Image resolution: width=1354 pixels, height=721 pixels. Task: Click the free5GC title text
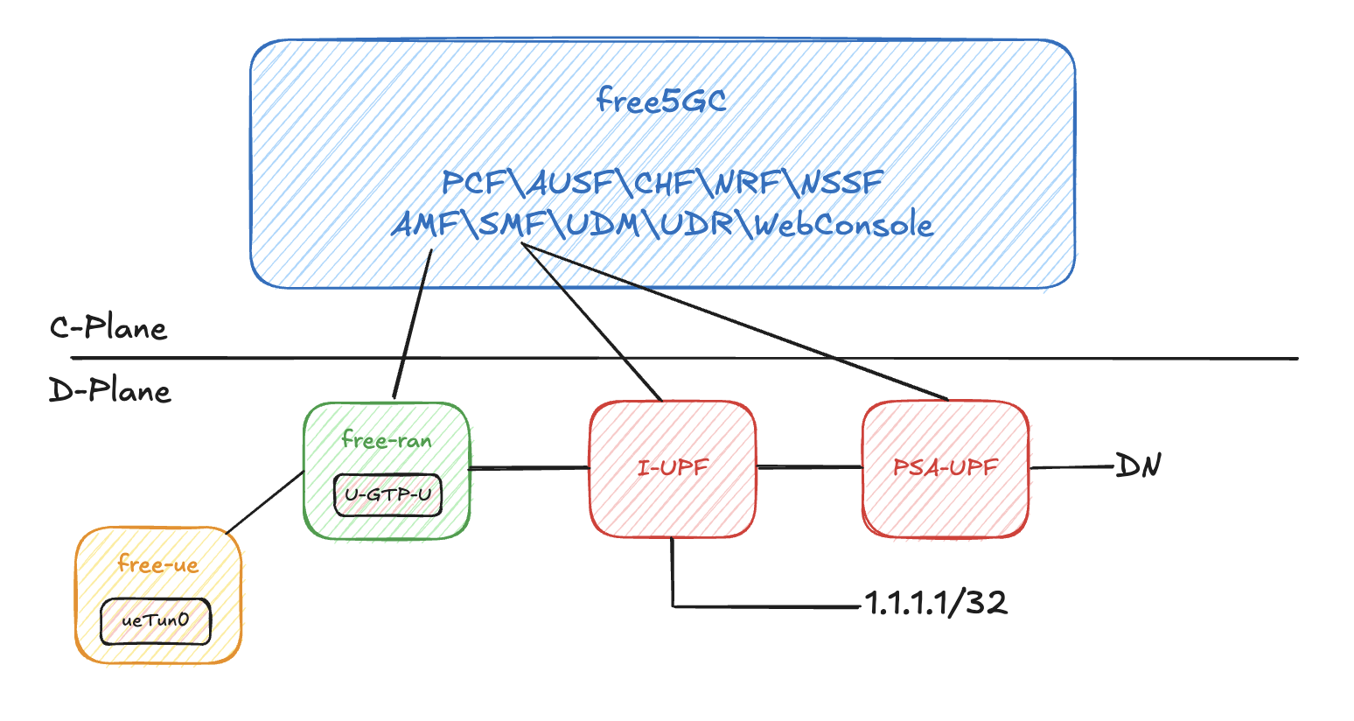pos(661,101)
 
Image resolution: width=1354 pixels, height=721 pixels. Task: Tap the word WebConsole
pos(844,225)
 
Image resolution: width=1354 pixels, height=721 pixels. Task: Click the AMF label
pos(425,225)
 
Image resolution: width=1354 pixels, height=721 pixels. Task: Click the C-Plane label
pos(108,328)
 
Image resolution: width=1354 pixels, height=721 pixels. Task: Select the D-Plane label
pos(110,390)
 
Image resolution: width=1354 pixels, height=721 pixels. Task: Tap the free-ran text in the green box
pos(387,439)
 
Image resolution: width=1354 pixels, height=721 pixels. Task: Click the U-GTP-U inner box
pos(387,495)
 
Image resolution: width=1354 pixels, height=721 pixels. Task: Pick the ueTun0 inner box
pos(156,621)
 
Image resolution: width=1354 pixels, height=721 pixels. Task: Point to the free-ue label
pos(158,564)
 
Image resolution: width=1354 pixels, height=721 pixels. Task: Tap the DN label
pos(1138,465)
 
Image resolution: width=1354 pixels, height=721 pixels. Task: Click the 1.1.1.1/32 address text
pos(936,602)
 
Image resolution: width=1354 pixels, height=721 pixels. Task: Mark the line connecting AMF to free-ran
pos(413,324)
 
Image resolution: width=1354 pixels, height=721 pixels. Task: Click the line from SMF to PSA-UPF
pos(743,324)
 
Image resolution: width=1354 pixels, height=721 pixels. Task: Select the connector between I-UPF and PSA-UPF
pos(809,467)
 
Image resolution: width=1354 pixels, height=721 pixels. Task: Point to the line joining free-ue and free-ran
pos(265,502)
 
